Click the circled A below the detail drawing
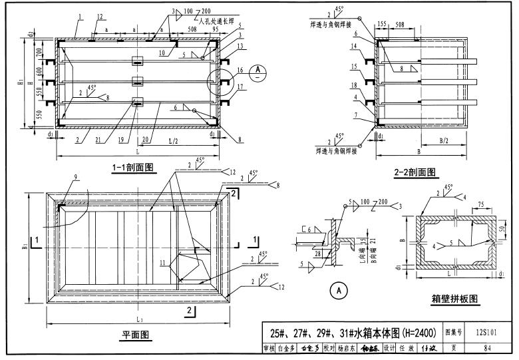point(338,290)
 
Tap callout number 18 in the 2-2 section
point(356,86)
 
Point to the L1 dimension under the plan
point(140,319)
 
